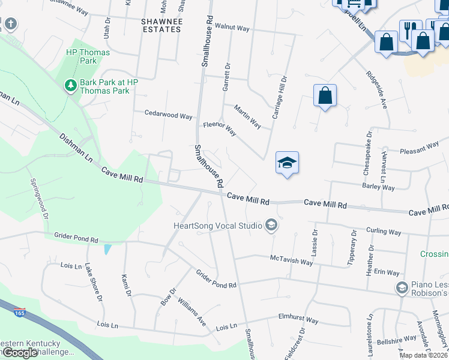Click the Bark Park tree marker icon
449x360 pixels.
(71, 86)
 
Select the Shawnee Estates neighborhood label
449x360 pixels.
(161, 25)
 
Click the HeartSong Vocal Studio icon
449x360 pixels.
(271, 225)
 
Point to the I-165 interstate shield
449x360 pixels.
(19, 312)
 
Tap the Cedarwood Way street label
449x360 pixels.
(168, 115)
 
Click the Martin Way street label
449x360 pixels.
(247, 116)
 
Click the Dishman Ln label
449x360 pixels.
(76, 148)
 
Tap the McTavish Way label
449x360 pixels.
(291, 262)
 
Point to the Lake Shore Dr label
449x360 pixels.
(94, 281)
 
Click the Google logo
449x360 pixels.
(20, 353)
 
